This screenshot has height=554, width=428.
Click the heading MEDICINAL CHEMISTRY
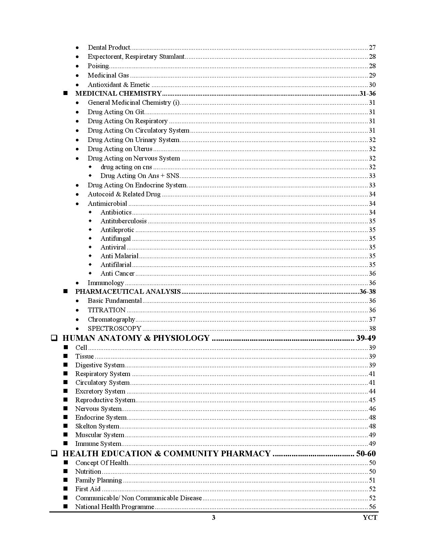(x=118, y=93)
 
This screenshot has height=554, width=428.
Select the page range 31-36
(x=367, y=93)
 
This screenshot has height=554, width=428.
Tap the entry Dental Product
(x=109, y=47)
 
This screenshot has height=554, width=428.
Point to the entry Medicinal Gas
(x=108, y=75)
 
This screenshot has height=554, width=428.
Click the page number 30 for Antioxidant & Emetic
(x=372, y=85)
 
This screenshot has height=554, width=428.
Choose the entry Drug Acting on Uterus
(x=120, y=149)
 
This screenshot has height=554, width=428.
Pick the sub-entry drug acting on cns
(x=126, y=167)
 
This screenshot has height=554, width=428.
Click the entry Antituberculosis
(x=124, y=221)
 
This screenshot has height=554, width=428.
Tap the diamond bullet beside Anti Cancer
(x=90, y=273)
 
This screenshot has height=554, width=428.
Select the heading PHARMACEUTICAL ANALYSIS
(x=128, y=291)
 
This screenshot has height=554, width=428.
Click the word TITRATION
(x=106, y=310)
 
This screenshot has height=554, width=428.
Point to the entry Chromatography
(x=111, y=319)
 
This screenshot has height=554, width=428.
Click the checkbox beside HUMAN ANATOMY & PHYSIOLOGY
(x=54, y=338)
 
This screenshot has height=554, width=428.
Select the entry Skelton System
(x=97, y=426)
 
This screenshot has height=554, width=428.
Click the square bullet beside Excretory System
(x=65, y=391)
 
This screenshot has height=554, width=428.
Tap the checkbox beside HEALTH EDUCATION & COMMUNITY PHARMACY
(x=54, y=454)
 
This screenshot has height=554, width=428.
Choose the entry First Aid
(x=88, y=489)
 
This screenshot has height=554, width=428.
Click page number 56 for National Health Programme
(x=372, y=507)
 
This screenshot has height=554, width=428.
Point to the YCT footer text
(x=370, y=517)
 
